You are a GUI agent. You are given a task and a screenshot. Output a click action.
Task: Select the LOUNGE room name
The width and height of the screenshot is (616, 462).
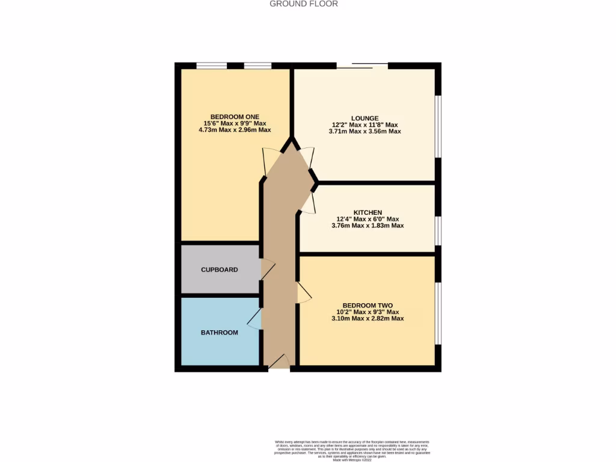365,118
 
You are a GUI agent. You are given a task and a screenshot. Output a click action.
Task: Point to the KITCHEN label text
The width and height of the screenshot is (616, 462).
368,212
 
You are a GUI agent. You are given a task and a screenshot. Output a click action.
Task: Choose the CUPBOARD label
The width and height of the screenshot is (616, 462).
220,269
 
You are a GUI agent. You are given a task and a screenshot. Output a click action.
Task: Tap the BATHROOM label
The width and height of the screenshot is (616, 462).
219,332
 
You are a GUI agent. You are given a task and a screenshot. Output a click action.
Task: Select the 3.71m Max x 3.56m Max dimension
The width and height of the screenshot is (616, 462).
366,131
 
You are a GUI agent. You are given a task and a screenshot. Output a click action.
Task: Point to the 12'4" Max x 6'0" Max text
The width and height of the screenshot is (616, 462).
368,219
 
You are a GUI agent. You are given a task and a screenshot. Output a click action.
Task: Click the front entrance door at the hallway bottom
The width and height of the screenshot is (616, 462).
278,361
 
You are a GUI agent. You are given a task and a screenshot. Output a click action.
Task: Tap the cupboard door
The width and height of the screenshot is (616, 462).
267,269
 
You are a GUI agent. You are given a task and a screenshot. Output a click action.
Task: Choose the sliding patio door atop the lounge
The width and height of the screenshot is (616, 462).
362,66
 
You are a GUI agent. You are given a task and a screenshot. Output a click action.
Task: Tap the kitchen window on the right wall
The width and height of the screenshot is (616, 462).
438,231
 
